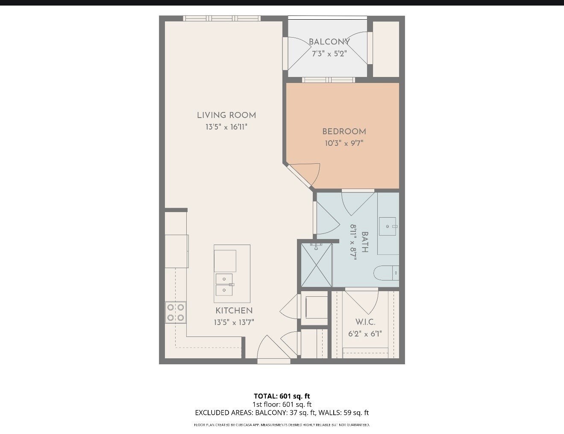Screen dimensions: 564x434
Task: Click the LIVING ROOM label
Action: coord(226,115)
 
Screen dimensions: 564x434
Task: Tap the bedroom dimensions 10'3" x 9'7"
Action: coord(344,143)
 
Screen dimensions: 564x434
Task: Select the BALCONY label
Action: coord(329,42)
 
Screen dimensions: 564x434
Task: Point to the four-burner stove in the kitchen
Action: coord(176,313)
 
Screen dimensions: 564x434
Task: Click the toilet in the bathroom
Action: coord(386,273)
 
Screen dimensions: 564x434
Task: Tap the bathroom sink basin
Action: coord(388,227)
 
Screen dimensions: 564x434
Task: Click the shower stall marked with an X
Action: coord(316,265)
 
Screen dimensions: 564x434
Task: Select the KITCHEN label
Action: coord(234,310)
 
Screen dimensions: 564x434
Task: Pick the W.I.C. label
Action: coord(365,322)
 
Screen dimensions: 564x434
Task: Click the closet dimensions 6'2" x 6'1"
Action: coord(365,334)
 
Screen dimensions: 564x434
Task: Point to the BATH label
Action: coord(364,242)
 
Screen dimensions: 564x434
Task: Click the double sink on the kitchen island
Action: coord(224,285)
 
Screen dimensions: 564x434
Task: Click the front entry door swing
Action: coord(273,347)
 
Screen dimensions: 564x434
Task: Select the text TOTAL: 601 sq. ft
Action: coord(282,396)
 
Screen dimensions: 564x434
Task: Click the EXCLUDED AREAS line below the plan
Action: coord(282,413)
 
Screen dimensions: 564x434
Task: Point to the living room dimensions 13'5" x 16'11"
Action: coord(226,127)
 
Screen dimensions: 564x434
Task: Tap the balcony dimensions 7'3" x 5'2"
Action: coord(329,54)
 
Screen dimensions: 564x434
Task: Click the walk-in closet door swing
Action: coord(362,302)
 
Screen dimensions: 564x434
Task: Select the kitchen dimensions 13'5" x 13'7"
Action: coord(234,322)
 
